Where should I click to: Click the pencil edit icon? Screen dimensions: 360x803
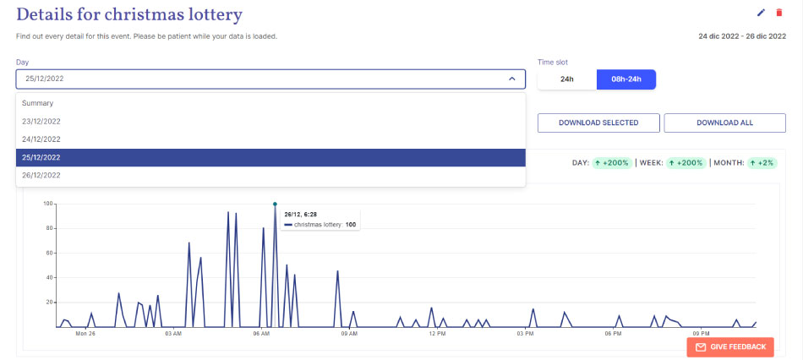(x=761, y=13)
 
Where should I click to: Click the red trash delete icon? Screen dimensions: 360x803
(x=779, y=13)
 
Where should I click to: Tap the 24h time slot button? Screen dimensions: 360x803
(x=567, y=79)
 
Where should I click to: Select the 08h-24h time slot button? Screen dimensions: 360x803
(x=625, y=79)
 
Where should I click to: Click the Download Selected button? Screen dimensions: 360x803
(x=598, y=123)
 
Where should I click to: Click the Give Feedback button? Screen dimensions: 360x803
(x=730, y=346)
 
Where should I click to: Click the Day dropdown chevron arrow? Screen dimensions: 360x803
(x=511, y=79)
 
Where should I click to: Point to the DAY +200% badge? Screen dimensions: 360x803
(x=611, y=162)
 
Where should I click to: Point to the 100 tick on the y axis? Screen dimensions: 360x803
(x=48, y=204)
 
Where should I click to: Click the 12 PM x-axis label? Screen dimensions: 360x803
(x=437, y=333)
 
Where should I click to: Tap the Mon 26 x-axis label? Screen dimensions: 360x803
(x=85, y=333)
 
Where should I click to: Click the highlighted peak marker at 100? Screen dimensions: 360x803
(x=275, y=204)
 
